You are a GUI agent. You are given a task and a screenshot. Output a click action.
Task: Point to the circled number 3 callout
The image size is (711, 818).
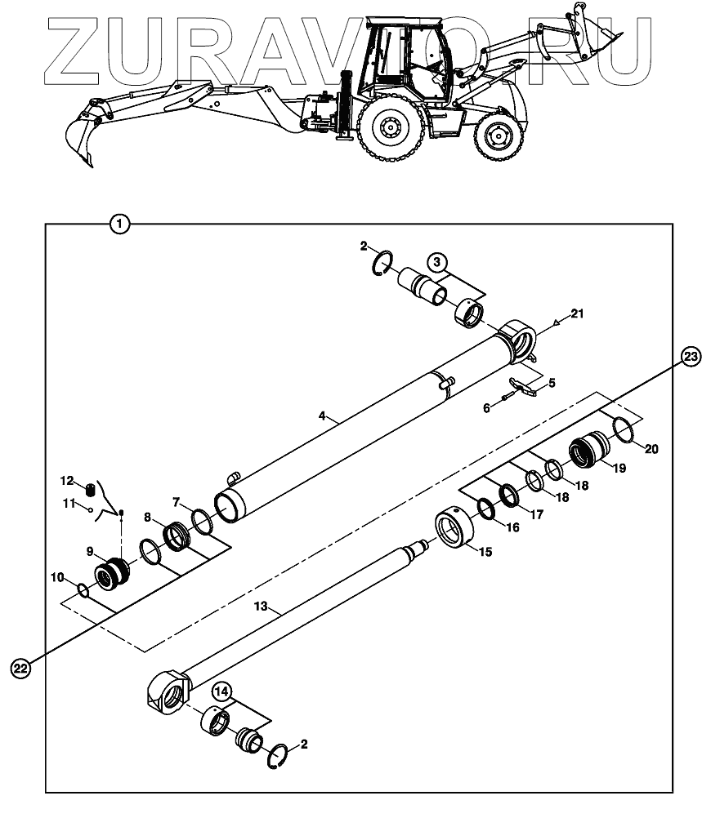438,263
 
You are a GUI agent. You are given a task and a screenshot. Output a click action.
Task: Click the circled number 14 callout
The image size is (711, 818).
221,691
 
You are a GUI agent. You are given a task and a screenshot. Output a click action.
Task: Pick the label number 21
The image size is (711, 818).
578,313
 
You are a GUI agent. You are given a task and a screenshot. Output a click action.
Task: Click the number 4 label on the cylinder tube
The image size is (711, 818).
322,416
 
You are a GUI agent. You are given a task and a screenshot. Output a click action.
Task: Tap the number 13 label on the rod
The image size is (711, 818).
260,607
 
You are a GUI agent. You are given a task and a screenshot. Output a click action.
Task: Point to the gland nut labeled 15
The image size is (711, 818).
454,531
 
